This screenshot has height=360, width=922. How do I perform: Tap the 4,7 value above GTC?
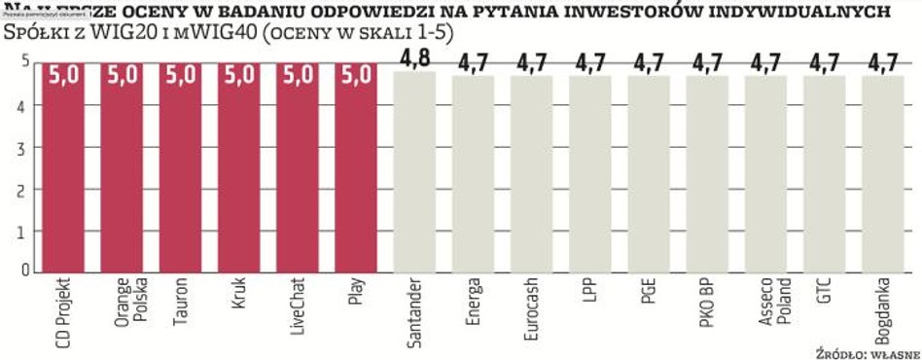pyautogui.click(x=826, y=62)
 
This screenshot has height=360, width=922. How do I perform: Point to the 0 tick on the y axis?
pyautogui.click(x=25, y=271)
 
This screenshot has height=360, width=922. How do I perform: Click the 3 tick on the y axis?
pyautogui.click(x=25, y=147)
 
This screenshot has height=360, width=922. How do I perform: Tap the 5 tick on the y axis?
pyautogui.click(x=25, y=62)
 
